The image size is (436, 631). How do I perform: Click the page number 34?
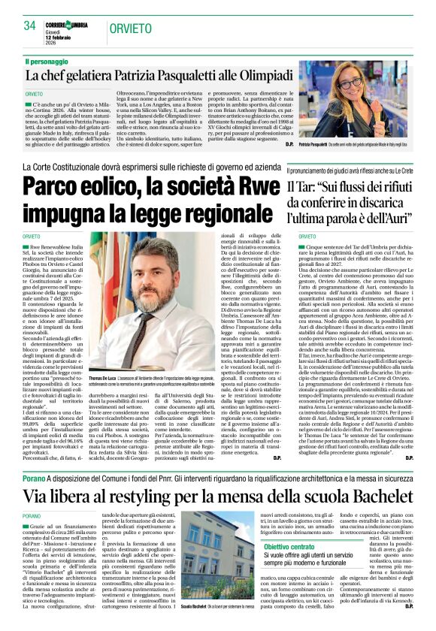(29, 26)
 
